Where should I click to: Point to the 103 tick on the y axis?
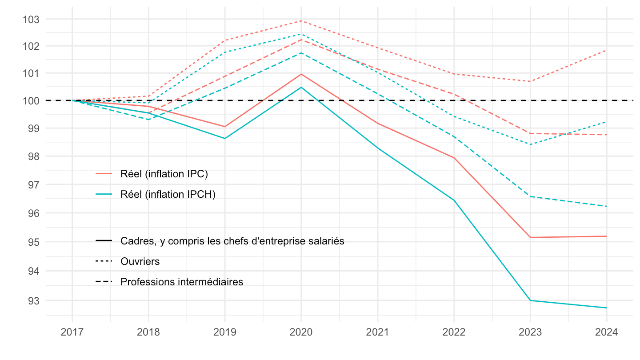click(x=34, y=20)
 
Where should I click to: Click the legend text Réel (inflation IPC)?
click(x=164, y=174)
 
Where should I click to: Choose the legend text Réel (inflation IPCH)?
click(x=168, y=195)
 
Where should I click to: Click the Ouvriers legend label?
click(x=140, y=261)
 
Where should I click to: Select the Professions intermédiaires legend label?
click(x=182, y=282)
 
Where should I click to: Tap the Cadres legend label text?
click(x=232, y=241)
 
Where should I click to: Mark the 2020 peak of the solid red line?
click(x=301, y=74)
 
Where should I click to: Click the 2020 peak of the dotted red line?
click(x=301, y=21)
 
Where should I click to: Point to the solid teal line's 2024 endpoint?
click(x=606, y=308)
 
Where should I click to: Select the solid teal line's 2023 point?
click(x=530, y=300)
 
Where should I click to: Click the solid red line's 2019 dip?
click(x=225, y=127)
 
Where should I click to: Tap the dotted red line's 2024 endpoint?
click(x=606, y=51)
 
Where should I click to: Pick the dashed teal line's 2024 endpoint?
click(x=606, y=206)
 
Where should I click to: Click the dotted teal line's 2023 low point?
click(x=530, y=144)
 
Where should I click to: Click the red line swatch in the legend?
click(x=104, y=174)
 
